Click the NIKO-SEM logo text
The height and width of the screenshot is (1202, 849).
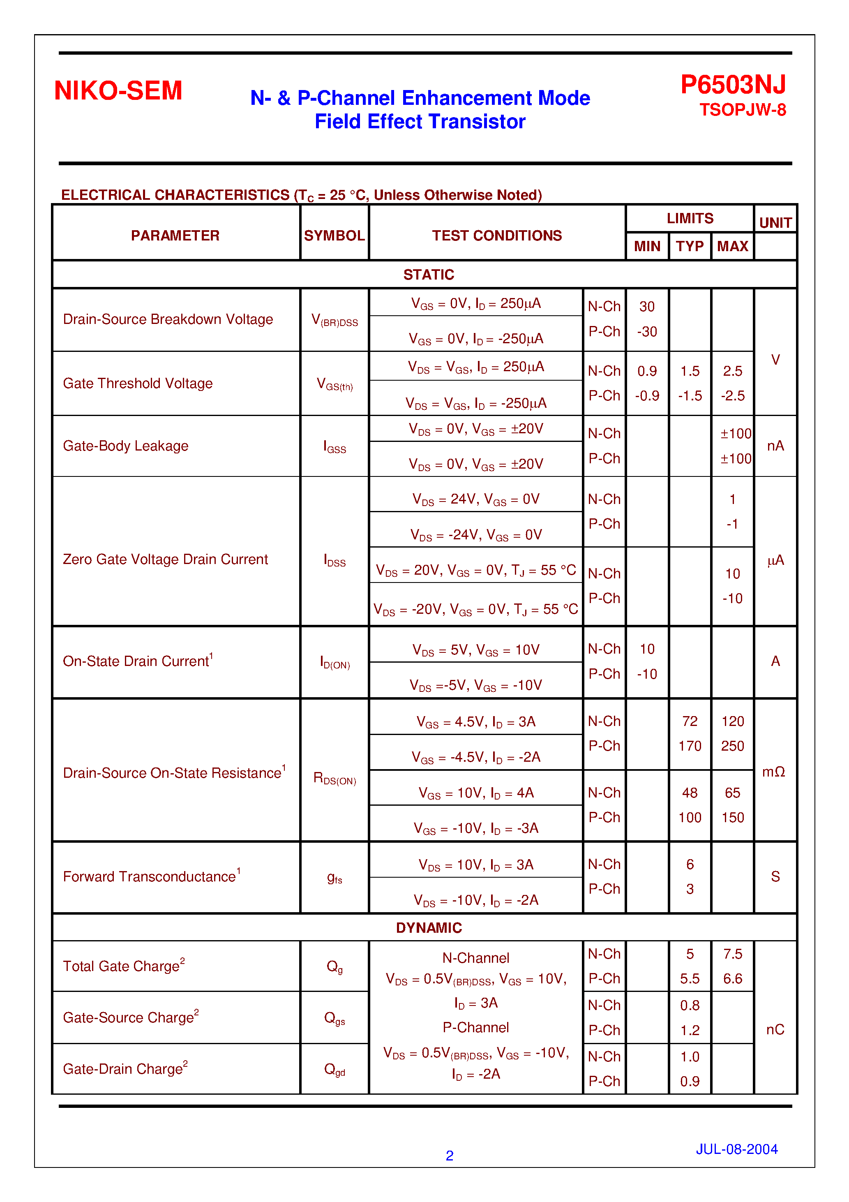pyautogui.click(x=118, y=90)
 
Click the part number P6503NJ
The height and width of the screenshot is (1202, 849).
pyautogui.click(x=732, y=84)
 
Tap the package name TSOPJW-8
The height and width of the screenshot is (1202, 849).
pyautogui.click(x=742, y=110)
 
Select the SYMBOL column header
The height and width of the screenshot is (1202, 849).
pyautogui.click(x=334, y=236)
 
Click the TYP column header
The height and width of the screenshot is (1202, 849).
pyautogui.click(x=690, y=246)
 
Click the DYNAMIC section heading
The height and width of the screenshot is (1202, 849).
pyautogui.click(x=428, y=928)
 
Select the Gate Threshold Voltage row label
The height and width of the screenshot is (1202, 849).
pyautogui.click(x=138, y=383)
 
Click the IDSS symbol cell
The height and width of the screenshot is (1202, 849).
pyautogui.click(x=335, y=560)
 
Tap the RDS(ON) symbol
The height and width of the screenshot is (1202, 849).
pyautogui.click(x=335, y=779)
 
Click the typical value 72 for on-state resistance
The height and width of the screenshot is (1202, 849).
pyautogui.click(x=690, y=721)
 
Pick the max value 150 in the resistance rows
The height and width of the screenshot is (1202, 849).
pyautogui.click(x=732, y=817)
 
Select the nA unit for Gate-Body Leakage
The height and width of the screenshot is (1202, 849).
pyautogui.click(x=775, y=446)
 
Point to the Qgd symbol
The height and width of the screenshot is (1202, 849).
pyautogui.click(x=335, y=1069)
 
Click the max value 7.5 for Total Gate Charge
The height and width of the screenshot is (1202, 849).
pyautogui.click(x=732, y=954)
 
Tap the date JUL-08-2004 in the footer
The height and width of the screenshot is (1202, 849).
pyautogui.click(x=736, y=1149)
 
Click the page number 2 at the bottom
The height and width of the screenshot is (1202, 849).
pyautogui.click(x=449, y=1156)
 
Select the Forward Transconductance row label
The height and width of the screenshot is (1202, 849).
pyautogui.click(x=149, y=876)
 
